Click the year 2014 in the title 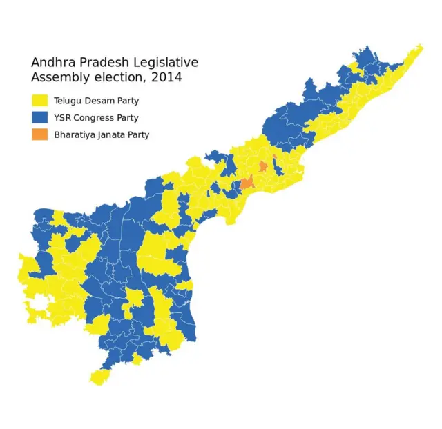click(x=167, y=78)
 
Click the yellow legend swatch click(x=39, y=101)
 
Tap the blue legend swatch click(x=39, y=118)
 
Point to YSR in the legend click(x=63, y=118)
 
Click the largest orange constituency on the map click(x=246, y=183)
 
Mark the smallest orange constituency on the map click(x=275, y=157)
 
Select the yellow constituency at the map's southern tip click(x=101, y=377)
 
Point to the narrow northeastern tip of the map click(x=419, y=49)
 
